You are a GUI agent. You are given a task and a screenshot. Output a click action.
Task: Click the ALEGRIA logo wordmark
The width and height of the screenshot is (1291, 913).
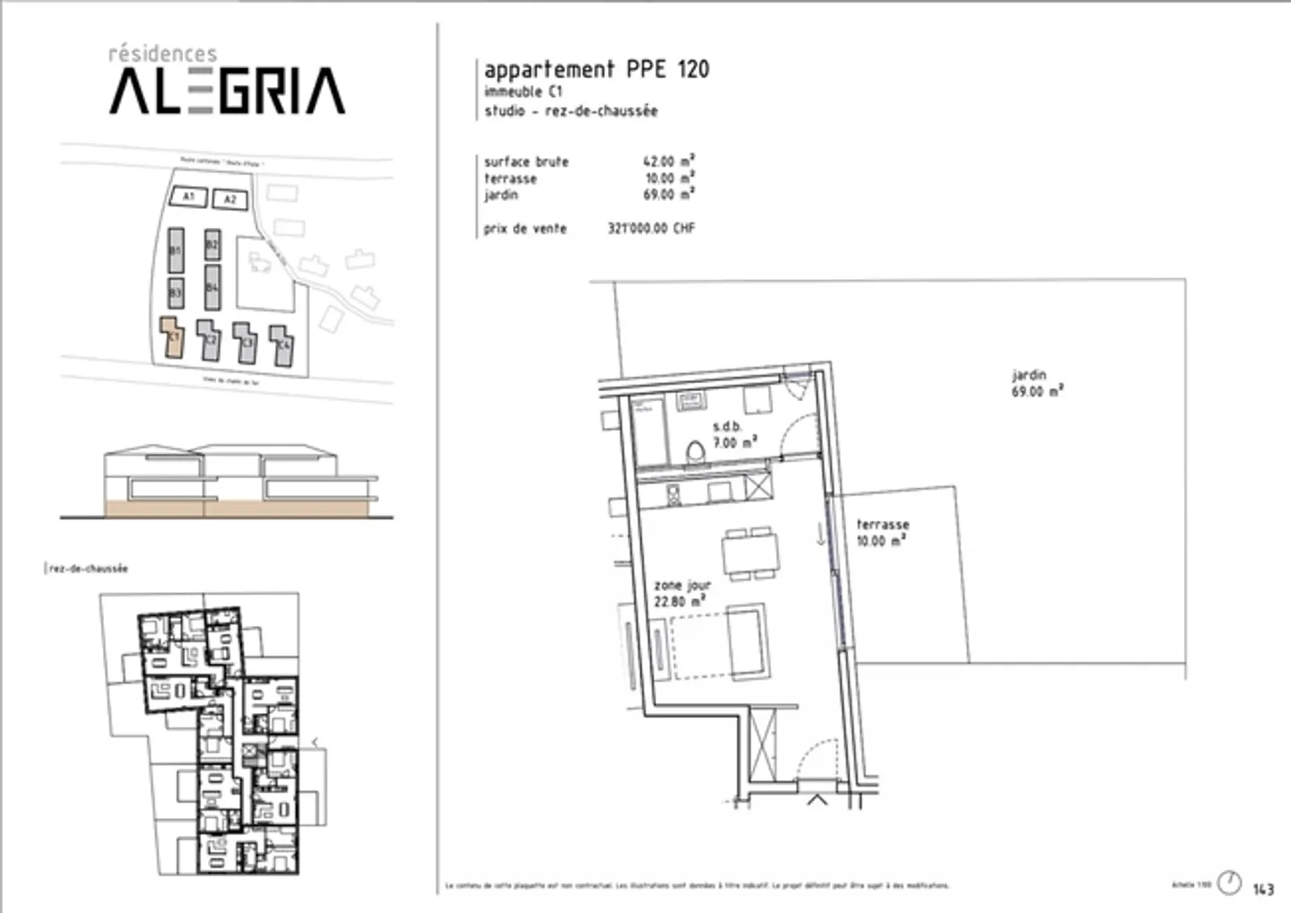[x=227, y=91]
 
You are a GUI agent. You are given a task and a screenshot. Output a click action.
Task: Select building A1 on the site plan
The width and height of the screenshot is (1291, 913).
[x=188, y=196]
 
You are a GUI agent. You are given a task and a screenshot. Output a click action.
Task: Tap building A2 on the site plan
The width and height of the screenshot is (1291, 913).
[x=230, y=199]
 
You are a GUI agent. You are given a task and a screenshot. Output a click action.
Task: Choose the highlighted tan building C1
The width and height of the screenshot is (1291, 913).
[x=172, y=337]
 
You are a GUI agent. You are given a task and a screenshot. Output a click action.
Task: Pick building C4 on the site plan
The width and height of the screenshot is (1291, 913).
[x=282, y=344]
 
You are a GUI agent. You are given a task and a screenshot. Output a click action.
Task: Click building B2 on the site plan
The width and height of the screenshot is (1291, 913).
[x=212, y=244]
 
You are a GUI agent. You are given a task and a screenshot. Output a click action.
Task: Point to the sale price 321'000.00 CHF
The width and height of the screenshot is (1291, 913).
[x=651, y=229]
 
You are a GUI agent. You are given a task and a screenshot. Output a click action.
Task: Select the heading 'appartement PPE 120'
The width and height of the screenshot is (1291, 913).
[x=596, y=69]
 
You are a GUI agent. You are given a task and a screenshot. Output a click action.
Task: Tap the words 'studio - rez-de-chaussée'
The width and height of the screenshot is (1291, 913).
[x=571, y=111]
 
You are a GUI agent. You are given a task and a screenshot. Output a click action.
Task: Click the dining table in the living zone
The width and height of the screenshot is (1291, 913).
[x=750, y=551]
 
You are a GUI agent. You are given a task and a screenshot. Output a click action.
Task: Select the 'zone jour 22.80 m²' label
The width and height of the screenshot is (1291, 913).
[x=681, y=593]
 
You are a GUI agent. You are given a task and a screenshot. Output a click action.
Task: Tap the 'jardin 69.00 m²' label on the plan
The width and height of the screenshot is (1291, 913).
[x=1037, y=383]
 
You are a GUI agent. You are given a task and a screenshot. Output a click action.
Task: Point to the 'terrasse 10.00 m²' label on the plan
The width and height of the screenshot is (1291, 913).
[x=882, y=532]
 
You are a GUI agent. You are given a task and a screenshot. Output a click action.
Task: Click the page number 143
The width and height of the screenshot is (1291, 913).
[x=1263, y=889]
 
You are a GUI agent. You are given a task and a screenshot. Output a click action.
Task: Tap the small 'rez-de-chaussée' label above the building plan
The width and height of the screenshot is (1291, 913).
[x=88, y=569]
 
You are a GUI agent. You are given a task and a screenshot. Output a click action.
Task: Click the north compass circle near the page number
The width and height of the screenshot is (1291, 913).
[x=1231, y=883]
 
